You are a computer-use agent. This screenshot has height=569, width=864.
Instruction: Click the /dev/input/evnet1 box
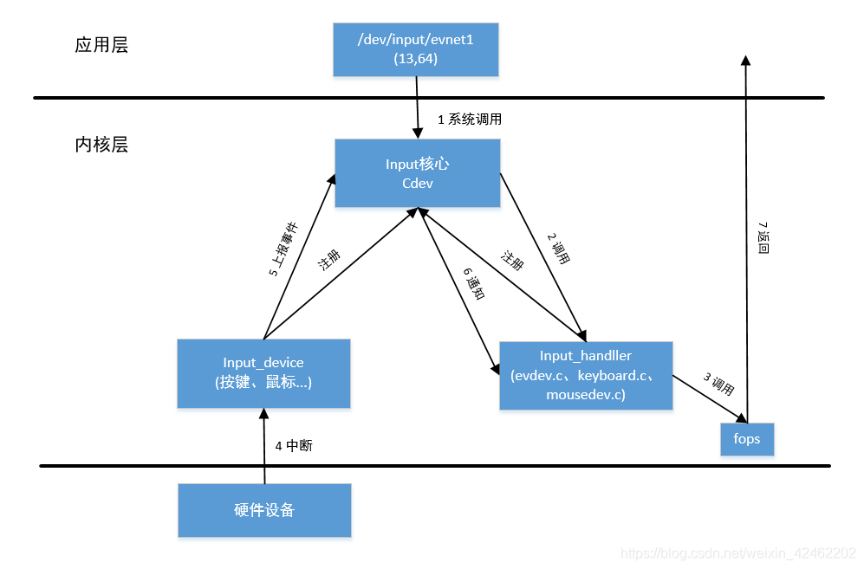point(416,50)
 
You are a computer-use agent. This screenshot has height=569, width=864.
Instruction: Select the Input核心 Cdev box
point(417,173)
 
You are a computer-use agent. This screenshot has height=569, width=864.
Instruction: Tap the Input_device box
point(263,373)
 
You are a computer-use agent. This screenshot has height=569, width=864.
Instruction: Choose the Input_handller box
point(586,375)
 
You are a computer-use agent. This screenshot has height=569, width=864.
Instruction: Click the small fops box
point(746,438)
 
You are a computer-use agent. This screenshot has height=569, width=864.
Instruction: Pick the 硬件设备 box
point(264,510)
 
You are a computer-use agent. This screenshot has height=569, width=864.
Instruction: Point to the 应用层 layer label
point(101,46)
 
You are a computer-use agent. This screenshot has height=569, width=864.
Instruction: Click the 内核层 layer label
point(101,145)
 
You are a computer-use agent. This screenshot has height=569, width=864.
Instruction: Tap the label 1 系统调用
point(469,120)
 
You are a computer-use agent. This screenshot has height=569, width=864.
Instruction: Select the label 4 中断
point(294,446)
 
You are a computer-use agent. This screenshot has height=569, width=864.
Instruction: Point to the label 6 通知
point(475,283)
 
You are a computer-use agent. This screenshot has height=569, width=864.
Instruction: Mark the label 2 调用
point(559,248)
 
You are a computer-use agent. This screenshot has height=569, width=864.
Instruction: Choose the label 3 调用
point(718,384)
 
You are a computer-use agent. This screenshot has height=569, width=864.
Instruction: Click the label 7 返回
point(763,236)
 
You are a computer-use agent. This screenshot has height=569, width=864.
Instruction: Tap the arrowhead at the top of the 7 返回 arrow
point(745,60)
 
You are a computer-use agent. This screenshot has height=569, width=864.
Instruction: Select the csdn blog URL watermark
point(739,552)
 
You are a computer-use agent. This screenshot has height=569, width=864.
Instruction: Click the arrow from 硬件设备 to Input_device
point(264,446)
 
